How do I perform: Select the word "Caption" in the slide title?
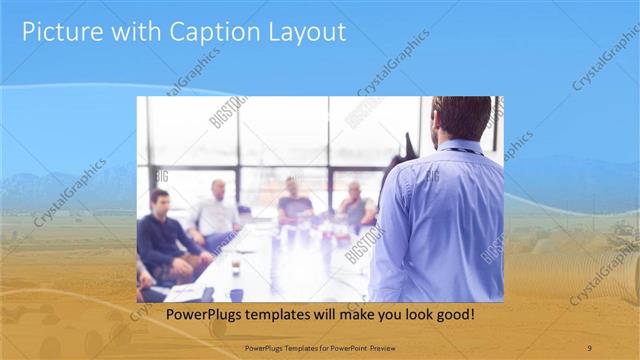click(x=212, y=32)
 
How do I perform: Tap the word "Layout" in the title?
click(x=304, y=32)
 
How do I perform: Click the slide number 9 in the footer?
click(x=589, y=347)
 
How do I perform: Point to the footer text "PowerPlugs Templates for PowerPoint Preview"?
click(x=319, y=347)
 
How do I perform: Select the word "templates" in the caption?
click(x=294, y=315)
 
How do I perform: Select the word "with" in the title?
click(x=125, y=32)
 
